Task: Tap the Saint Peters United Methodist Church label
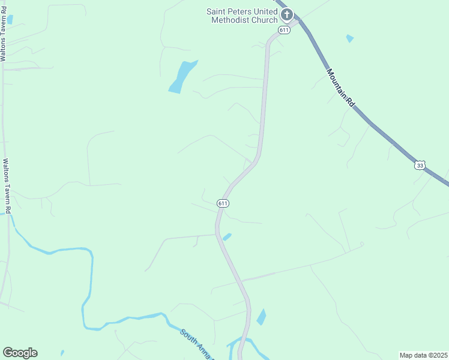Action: click(x=242, y=16)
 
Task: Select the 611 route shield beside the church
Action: click(x=284, y=29)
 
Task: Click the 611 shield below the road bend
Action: click(x=223, y=203)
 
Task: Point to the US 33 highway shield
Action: click(x=420, y=165)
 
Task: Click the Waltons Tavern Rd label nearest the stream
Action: click(x=7, y=187)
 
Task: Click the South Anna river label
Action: click(x=197, y=343)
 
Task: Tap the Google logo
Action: click(x=20, y=353)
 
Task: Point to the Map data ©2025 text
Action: click(x=423, y=355)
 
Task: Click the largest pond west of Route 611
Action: click(x=182, y=76)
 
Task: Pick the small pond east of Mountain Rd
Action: click(x=350, y=38)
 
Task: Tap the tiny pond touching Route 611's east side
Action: click(x=227, y=237)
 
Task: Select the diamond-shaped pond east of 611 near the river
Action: click(x=261, y=317)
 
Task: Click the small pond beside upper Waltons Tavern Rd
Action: click(x=10, y=19)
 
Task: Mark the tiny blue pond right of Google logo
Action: click(x=62, y=353)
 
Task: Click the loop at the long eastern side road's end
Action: click(x=361, y=244)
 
